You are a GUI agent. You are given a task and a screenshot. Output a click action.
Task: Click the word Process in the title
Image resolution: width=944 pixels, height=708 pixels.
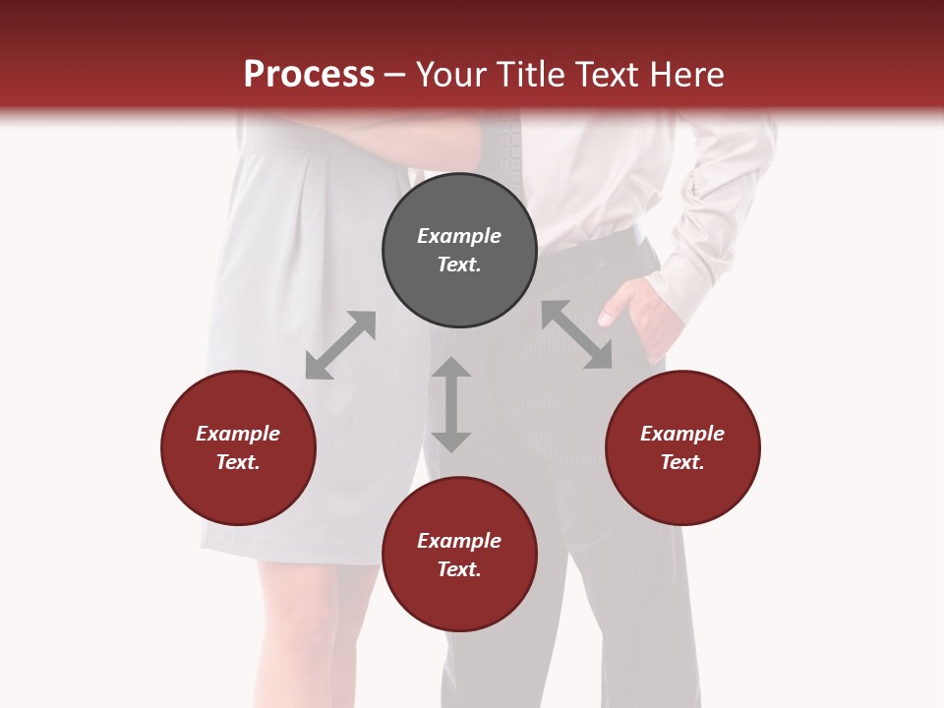point(309,75)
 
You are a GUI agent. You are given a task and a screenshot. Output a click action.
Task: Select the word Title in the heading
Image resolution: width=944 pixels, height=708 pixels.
point(531,75)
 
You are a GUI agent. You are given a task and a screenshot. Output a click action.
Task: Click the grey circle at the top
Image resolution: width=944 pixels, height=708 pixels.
point(459,250)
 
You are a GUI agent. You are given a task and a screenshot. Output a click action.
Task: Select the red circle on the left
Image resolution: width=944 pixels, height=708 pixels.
point(238,447)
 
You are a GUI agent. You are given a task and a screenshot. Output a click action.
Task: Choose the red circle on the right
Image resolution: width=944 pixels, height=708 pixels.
point(682,447)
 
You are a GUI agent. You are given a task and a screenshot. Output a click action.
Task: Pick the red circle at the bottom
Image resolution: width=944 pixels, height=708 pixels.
point(459,555)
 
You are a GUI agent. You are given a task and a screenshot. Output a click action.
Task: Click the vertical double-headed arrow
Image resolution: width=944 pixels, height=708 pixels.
point(451,404)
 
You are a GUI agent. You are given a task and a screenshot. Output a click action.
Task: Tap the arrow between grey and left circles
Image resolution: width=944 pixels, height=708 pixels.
point(340,345)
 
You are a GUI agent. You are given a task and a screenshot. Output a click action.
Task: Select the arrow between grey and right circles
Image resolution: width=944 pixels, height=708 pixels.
point(576,334)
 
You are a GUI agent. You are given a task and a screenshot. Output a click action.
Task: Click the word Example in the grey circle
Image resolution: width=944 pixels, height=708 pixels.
point(459,236)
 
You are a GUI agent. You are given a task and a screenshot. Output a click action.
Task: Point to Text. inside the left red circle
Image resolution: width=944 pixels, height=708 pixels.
point(238,462)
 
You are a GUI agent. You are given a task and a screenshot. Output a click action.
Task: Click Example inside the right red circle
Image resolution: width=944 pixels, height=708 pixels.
point(682,434)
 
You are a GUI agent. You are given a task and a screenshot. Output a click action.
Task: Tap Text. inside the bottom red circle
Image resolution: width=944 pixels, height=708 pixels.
point(459,569)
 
